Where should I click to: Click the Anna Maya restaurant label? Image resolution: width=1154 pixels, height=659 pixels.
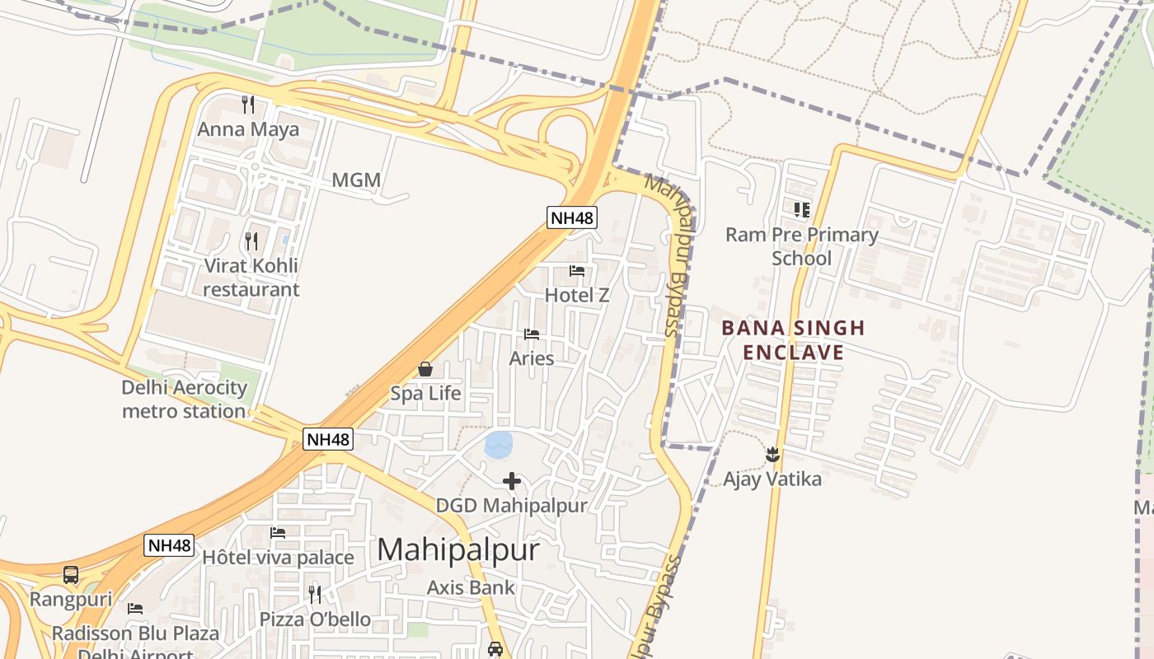click(x=248, y=129)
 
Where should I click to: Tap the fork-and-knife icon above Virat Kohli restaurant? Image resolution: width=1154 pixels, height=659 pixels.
click(x=251, y=241)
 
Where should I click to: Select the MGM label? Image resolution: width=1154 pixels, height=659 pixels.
click(x=356, y=180)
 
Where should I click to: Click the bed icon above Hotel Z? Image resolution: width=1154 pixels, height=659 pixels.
click(x=577, y=270)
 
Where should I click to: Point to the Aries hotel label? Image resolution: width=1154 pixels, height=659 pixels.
click(x=532, y=358)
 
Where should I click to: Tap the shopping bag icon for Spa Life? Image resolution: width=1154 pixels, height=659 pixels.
click(x=425, y=369)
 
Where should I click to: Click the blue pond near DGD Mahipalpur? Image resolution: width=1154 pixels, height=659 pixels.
click(x=499, y=445)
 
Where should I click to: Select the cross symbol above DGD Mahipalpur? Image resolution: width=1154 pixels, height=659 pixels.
click(x=512, y=481)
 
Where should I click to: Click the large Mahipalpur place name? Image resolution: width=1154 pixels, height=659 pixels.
click(x=458, y=549)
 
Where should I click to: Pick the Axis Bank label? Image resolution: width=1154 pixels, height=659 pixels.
click(x=471, y=587)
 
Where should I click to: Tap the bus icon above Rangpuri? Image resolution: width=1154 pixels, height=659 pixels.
click(x=71, y=574)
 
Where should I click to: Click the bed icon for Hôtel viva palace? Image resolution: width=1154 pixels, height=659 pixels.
click(x=278, y=533)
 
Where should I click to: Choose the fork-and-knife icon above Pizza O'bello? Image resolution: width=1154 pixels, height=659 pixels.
click(x=315, y=594)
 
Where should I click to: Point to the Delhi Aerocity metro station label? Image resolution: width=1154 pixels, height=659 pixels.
click(x=185, y=399)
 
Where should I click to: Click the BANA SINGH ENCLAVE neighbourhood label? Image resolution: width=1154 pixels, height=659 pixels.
click(x=793, y=340)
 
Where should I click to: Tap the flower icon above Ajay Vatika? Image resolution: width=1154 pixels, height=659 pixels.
click(x=772, y=454)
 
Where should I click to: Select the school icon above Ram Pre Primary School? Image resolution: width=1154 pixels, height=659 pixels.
click(x=801, y=210)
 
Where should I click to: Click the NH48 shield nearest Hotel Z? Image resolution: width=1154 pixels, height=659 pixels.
click(x=572, y=217)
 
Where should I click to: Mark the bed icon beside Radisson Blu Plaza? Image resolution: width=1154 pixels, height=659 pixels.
click(x=135, y=609)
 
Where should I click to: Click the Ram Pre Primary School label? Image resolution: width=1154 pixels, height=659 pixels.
click(x=801, y=246)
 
